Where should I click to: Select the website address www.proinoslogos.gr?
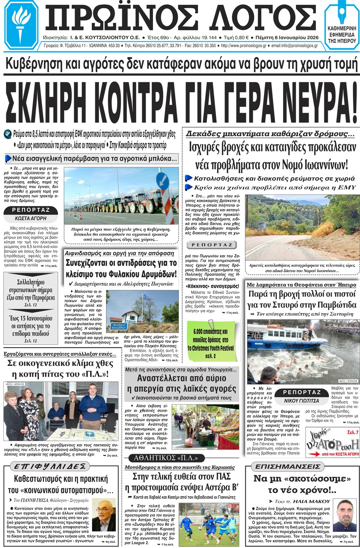click(244, 46)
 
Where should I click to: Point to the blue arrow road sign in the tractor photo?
click(162, 179)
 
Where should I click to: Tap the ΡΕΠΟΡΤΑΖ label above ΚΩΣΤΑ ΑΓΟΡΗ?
click(31, 210)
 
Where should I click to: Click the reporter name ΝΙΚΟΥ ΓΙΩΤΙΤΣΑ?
click(301, 400)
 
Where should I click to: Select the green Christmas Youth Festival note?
click(211, 340)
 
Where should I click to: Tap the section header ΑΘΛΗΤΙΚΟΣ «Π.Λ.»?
click(168, 458)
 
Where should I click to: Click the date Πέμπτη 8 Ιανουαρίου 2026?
click(287, 38)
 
